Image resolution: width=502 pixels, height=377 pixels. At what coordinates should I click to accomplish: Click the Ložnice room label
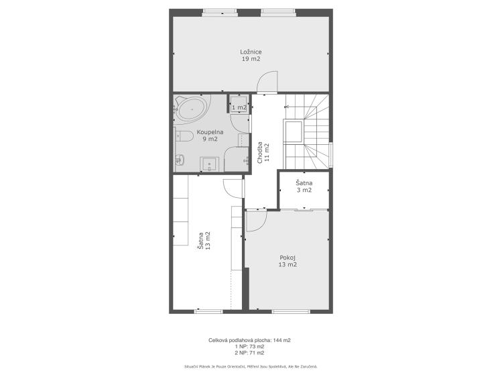pos(251,52)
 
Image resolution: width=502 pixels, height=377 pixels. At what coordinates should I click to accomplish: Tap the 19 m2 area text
pos(251,59)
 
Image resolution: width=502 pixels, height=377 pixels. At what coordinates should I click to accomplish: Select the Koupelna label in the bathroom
pos(210,131)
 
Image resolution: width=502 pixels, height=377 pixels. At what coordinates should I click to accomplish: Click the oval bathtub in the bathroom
pos(192,109)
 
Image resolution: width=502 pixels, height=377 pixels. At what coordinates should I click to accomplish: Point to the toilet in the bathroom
pos(184,137)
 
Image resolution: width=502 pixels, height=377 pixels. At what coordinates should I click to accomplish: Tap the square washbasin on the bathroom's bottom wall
pos(210,164)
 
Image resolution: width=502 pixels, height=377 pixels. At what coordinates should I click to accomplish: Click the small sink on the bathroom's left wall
pos(179,159)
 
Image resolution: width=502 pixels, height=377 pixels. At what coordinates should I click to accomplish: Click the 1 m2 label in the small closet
pos(239,107)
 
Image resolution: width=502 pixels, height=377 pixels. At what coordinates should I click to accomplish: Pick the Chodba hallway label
pos(260,152)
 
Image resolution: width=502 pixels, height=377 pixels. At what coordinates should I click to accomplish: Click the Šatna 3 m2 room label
pos(304,186)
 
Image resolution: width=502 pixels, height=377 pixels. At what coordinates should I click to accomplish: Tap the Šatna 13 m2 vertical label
pos(204,241)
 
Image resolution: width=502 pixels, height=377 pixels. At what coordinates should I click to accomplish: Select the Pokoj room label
pos(288,257)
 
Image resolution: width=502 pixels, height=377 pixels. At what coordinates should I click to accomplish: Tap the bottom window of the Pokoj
pos(291,311)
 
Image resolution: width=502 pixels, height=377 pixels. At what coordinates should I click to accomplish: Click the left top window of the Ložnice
pos(220,13)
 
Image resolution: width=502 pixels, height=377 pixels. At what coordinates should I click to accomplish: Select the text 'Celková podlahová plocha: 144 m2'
pos(249,341)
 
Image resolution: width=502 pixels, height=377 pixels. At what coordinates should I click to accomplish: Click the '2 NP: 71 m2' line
pos(249,353)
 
